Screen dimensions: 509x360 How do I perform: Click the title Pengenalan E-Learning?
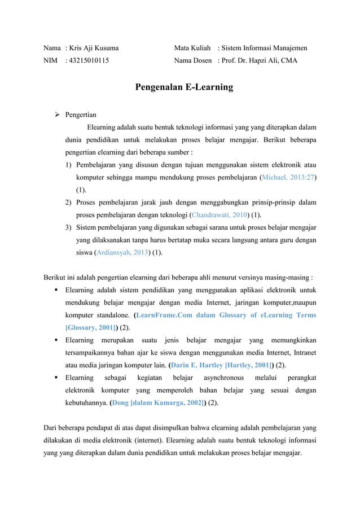(x=183, y=87)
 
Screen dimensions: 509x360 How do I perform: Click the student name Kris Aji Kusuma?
(x=94, y=49)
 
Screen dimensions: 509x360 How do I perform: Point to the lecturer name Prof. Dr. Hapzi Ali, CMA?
(x=260, y=60)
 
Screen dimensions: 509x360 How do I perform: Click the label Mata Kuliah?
(x=193, y=49)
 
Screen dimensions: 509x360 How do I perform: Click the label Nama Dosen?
(x=194, y=60)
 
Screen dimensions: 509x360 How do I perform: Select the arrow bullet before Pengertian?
(x=57, y=114)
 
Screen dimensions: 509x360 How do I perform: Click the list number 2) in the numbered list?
(x=68, y=203)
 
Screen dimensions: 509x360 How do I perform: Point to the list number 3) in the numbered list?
(x=68, y=227)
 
